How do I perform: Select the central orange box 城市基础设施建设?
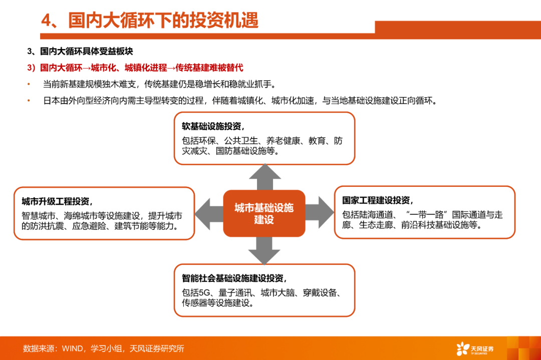click(x=264, y=213)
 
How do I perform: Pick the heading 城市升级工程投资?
click(x=57, y=202)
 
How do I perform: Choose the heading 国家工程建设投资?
click(x=377, y=200)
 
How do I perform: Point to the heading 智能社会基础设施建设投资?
click(x=234, y=278)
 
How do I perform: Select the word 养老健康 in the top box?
click(x=284, y=141)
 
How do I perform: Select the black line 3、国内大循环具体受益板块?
click(x=80, y=51)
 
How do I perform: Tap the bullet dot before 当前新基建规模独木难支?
click(x=29, y=84)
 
